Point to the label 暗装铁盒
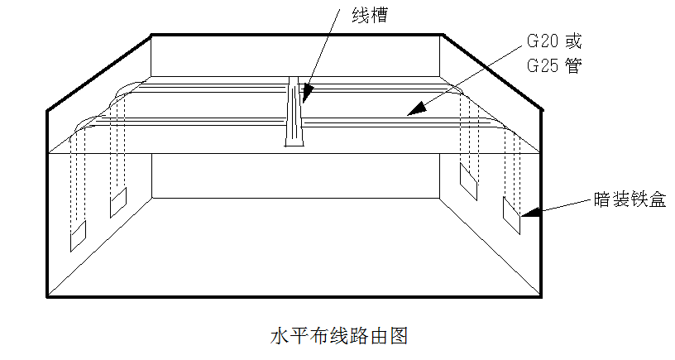(x=630, y=199)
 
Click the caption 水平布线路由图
(x=340, y=336)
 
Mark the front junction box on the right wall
(x=511, y=215)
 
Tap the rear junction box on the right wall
(x=469, y=180)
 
